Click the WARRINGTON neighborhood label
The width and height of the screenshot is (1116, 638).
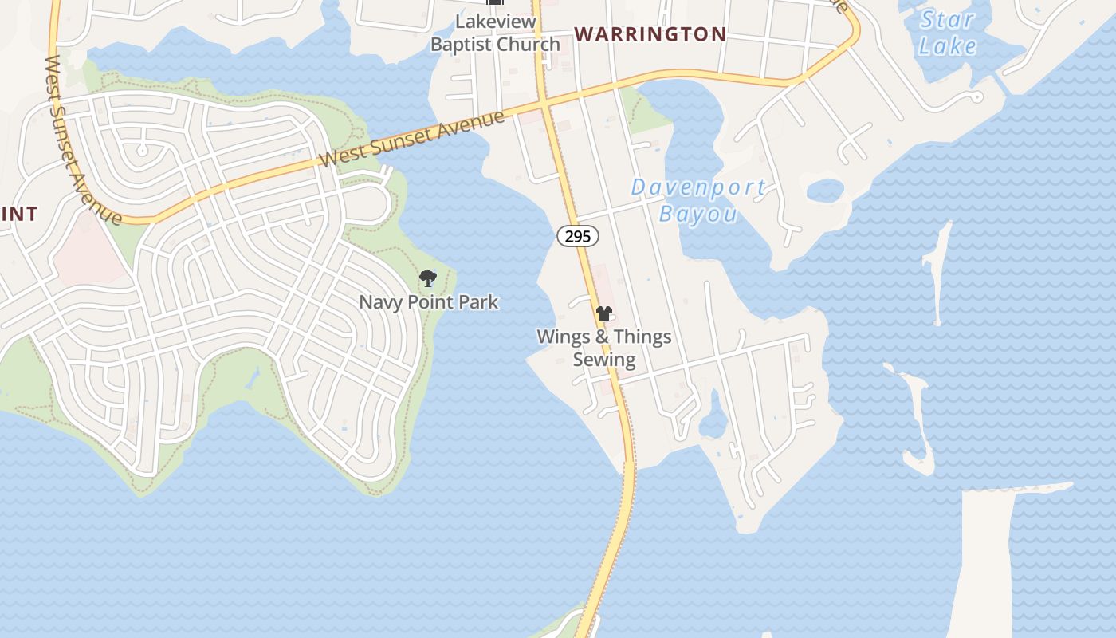pos(650,34)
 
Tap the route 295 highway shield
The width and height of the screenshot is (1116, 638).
pos(577,236)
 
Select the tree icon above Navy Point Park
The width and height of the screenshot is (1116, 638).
pos(428,278)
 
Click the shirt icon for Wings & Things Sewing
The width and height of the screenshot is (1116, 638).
pos(604,313)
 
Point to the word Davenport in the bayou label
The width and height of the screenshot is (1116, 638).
pos(698,188)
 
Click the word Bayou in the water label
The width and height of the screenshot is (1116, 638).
pos(698,214)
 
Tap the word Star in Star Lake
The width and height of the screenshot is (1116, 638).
pos(947,19)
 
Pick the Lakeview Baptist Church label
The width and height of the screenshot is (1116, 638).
pos(495,33)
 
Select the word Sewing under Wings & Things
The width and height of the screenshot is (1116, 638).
pos(604,360)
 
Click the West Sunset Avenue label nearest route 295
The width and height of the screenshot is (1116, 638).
pos(412,138)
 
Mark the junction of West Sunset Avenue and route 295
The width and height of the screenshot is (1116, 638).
pos(543,103)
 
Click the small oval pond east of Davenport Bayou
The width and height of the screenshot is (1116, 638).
pos(825,191)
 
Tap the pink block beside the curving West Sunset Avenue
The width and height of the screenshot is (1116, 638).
pos(88,251)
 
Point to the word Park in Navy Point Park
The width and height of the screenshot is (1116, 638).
pos(477,302)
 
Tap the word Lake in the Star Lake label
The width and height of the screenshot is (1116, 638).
pos(947,46)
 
